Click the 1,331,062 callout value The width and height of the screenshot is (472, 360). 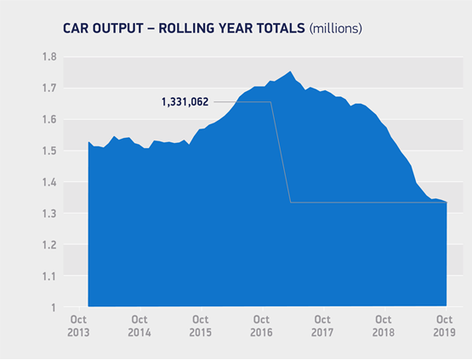(185, 102)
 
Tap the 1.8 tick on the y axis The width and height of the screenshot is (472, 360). (49, 57)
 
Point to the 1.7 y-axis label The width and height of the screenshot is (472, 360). (49, 88)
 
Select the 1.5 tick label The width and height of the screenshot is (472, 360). (49, 151)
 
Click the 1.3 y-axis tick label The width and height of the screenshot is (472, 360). (49, 214)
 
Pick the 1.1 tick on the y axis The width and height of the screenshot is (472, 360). (49, 276)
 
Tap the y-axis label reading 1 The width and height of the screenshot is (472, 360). (54, 307)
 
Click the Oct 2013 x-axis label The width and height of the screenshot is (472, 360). (78, 326)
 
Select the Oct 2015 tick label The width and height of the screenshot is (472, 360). (201, 326)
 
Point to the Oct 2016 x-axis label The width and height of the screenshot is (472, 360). (261, 326)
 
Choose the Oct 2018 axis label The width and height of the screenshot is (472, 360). (384, 326)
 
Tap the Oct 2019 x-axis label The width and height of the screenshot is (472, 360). (445, 326)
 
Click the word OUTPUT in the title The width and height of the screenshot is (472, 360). (118, 28)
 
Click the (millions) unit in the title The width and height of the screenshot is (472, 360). (336, 29)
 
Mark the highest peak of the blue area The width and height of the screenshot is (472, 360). (290, 71)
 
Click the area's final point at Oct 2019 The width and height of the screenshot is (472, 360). (446, 203)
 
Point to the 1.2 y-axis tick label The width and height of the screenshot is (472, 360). (49, 244)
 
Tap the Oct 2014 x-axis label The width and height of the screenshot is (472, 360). (139, 326)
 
